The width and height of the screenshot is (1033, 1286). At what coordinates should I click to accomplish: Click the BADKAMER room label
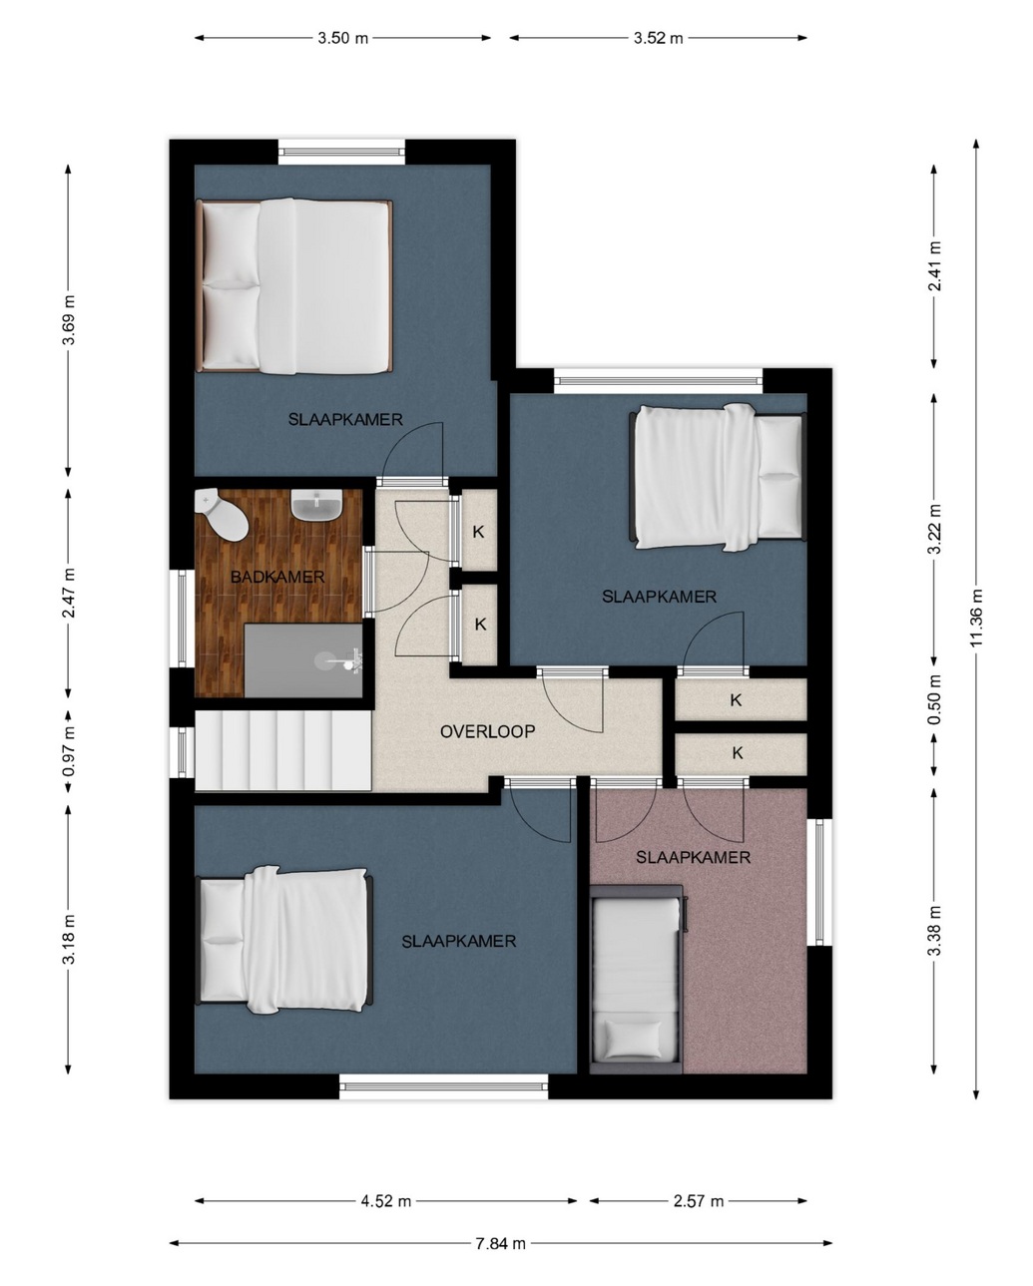point(277,577)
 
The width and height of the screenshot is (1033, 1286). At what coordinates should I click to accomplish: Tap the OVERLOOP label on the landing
point(487,731)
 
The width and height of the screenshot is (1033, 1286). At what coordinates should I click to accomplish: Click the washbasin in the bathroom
point(316,505)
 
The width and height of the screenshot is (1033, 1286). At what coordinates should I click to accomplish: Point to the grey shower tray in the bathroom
point(303,660)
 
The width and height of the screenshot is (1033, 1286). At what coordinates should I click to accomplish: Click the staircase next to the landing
point(282,750)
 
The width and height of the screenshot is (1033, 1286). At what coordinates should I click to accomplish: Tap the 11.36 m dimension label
point(976,618)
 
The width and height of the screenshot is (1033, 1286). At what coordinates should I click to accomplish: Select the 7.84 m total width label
point(500,1243)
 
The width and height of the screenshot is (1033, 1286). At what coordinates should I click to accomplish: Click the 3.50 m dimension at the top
point(342,38)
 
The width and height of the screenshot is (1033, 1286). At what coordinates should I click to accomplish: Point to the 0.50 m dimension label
point(934,699)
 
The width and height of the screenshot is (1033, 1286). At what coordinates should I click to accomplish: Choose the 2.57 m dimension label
point(699,1200)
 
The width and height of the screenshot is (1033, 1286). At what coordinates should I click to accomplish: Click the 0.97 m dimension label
point(69,751)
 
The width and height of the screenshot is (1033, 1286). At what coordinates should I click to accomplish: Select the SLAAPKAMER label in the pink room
point(693,858)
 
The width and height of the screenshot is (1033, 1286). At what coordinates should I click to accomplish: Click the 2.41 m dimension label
point(934,266)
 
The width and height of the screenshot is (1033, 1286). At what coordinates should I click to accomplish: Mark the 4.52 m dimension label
point(385,1200)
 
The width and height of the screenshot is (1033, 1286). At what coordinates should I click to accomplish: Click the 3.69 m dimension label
point(69,320)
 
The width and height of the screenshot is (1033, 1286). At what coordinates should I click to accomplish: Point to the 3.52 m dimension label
point(658,38)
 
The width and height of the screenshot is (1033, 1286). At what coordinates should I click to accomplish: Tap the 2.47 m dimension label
point(69,594)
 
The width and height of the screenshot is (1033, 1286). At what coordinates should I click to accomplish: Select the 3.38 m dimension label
point(934,931)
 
